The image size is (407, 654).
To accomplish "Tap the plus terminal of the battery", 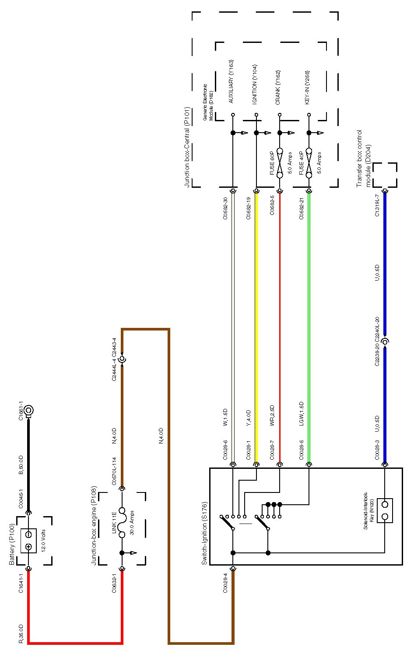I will pyautogui.click(x=28, y=547).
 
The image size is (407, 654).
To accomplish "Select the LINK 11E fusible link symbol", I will pyautogui.click(x=123, y=522).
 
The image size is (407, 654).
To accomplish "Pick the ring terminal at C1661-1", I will pyautogui.click(x=29, y=410).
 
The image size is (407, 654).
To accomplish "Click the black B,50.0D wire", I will pyautogui.click(x=29, y=464).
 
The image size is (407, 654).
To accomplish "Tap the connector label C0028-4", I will pyautogui.click(x=225, y=583).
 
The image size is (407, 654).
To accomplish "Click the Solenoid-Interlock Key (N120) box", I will pyautogui.click(x=385, y=510).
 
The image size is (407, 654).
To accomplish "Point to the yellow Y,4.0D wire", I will pyautogui.click(x=256, y=328).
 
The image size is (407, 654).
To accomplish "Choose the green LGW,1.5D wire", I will pyautogui.click(x=309, y=328).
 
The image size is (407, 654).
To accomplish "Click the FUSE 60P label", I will pyautogui.click(x=272, y=163).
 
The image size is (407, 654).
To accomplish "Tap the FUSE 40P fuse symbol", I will pyautogui.click(x=309, y=163).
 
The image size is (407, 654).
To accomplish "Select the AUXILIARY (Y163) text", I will pyautogui.click(x=231, y=81).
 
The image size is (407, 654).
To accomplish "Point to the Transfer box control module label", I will pyautogui.click(x=363, y=158).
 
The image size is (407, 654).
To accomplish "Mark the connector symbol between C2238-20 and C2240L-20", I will pyautogui.click(x=385, y=341).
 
